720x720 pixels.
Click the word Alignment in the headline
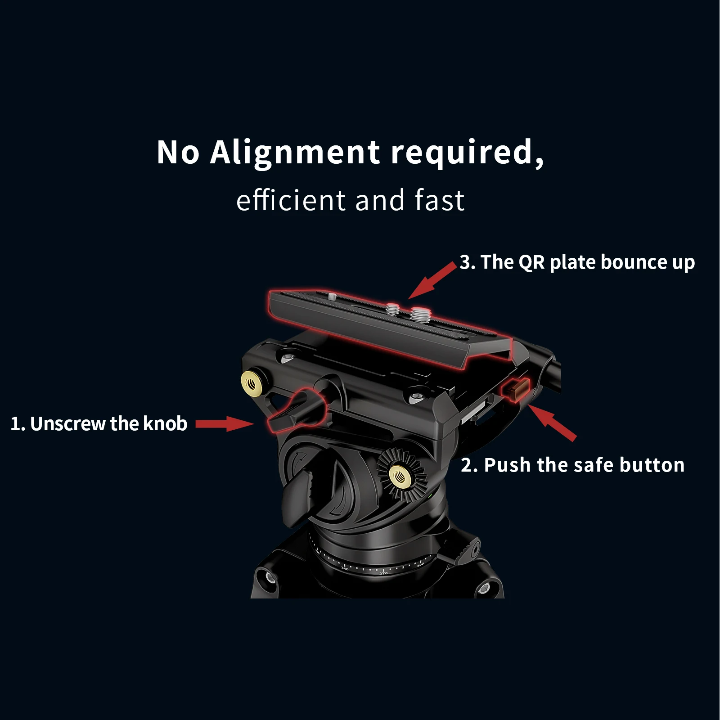coord(295,152)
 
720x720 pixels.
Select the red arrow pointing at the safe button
coord(553,422)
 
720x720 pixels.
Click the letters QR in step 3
coord(531,262)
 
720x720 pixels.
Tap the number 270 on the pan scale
coord(383,573)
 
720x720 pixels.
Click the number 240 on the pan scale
coord(345,569)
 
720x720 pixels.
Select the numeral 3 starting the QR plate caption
coord(465,262)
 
